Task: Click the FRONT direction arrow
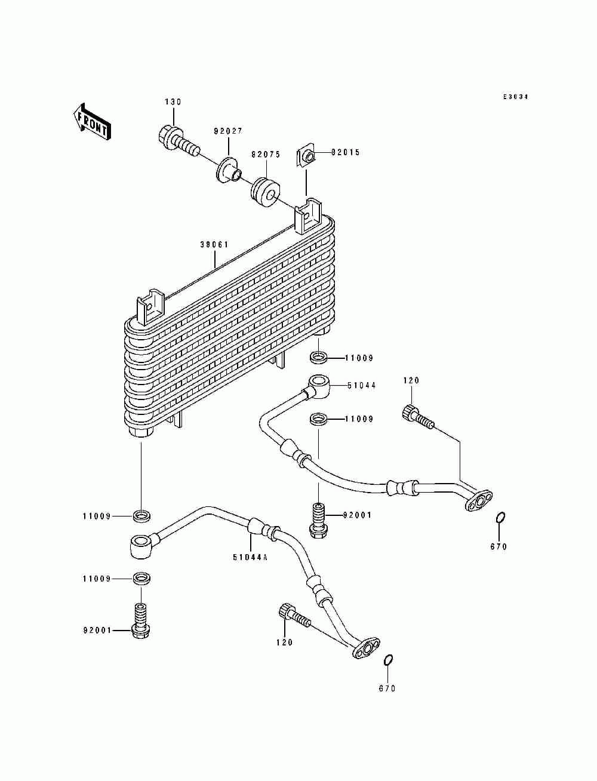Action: (92, 121)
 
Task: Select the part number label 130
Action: (173, 102)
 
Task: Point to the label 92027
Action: (228, 131)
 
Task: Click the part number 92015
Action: (346, 152)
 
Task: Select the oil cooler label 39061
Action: (214, 244)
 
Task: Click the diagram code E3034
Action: (516, 97)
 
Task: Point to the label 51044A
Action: (250, 558)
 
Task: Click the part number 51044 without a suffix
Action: (361, 385)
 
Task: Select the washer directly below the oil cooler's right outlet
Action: (318, 357)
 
